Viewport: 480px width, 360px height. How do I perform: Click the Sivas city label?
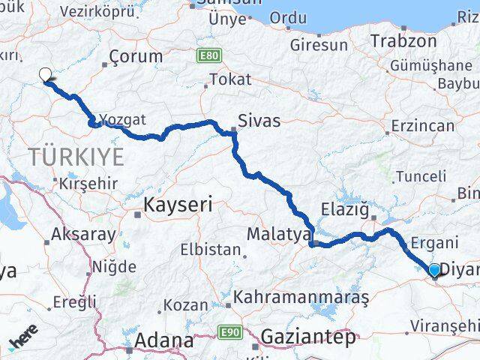(x=259, y=120)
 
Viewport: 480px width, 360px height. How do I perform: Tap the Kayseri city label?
(x=177, y=203)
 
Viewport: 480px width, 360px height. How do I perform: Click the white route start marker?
(x=45, y=74)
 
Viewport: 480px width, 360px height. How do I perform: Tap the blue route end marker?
(x=434, y=270)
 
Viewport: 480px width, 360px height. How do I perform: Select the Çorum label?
(x=135, y=56)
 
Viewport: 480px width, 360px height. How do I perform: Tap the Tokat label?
(x=230, y=79)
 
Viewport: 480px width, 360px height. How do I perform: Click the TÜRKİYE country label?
(x=75, y=157)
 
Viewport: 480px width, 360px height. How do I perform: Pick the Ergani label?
(x=434, y=243)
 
